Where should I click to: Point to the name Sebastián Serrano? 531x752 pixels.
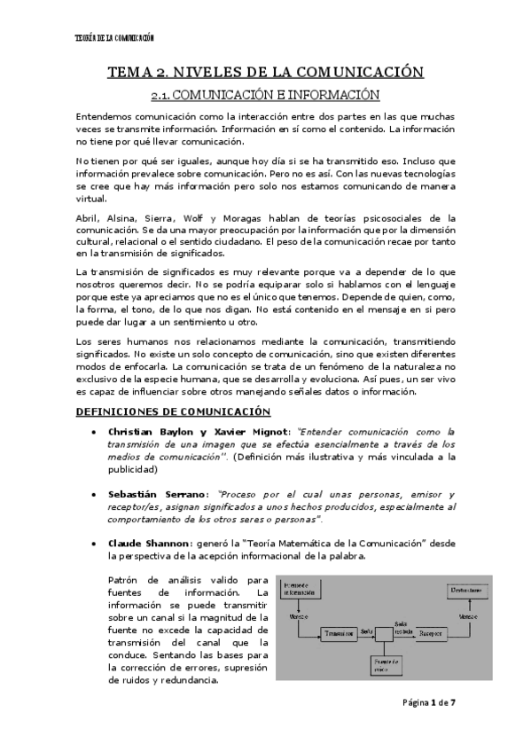(x=158, y=494)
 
